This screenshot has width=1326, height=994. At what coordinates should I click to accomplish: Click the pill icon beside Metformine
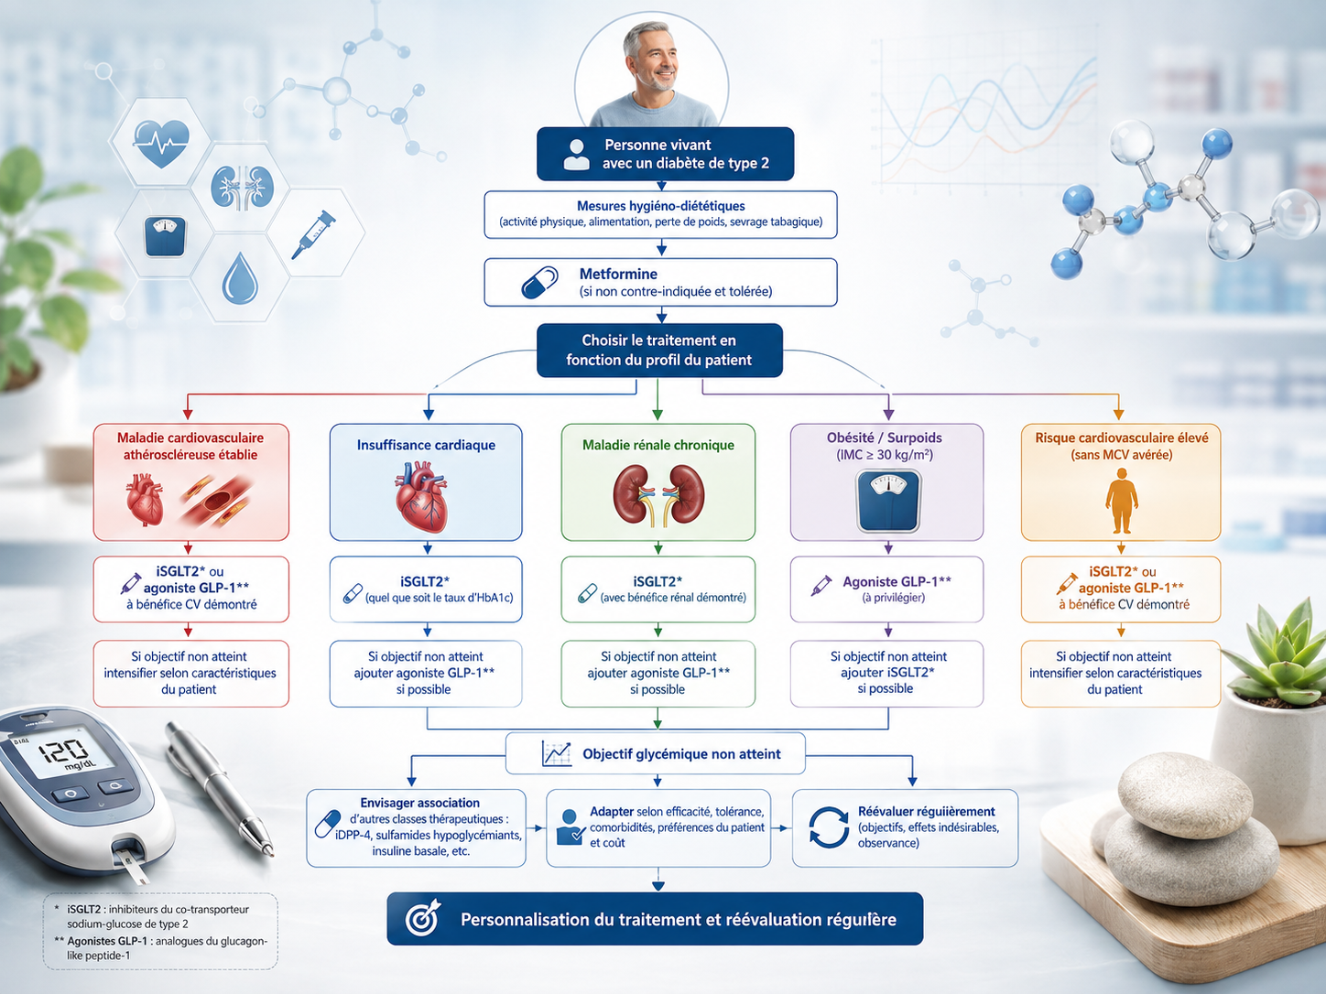(x=539, y=283)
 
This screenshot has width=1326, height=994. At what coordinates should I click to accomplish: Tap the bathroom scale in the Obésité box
(x=888, y=502)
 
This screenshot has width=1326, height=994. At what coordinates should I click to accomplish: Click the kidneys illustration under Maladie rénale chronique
(x=658, y=495)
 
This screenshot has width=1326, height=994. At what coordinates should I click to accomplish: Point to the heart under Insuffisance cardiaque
(x=422, y=496)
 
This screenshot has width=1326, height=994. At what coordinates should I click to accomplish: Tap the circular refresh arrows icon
(x=829, y=827)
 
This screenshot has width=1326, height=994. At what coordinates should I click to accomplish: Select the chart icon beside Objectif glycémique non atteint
(x=557, y=754)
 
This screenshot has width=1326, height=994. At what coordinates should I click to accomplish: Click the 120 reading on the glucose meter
(x=63, y=751)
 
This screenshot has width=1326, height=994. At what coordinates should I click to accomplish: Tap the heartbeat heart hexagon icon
(x=160, y=143)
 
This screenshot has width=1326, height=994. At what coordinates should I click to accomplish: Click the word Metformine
(x=618, y=274)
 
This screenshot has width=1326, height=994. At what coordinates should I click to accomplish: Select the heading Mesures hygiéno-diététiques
(x=661, y=206)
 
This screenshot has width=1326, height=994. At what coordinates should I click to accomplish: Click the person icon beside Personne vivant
(x=576, y=155)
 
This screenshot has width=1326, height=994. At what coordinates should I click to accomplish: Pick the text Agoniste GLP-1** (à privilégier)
(x=897, y=589)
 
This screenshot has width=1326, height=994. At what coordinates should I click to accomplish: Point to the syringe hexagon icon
(x=313, y=234)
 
